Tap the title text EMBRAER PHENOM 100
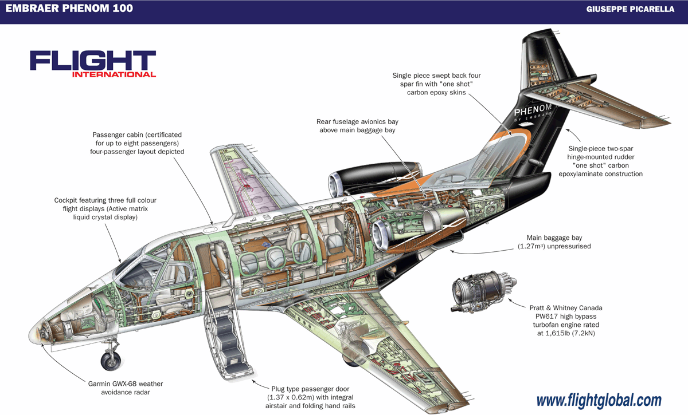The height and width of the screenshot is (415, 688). click(69, 9)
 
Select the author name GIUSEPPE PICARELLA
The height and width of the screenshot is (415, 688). click(630, 10)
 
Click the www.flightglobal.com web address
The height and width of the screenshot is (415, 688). click(599, 400)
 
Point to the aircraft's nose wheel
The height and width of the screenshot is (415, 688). click(110, 361)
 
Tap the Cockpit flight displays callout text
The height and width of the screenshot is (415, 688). click(105, 209)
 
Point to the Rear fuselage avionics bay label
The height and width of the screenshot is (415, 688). click(357, 126)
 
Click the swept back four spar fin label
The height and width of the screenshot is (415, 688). click(436, 84)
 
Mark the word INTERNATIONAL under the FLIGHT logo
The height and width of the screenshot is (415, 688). click(114, 74)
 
